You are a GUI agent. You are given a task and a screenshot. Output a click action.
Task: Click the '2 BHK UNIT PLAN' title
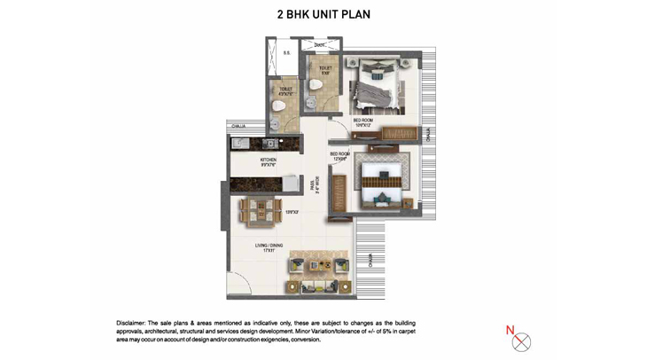click(323, 15)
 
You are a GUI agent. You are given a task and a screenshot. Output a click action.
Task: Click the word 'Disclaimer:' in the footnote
click(134, 323)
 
